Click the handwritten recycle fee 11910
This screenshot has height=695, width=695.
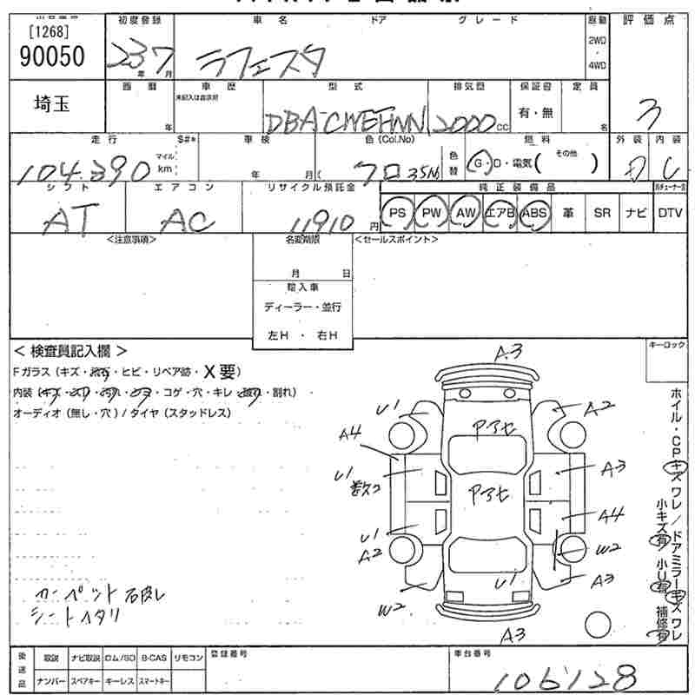326,220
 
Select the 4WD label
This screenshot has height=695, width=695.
597,65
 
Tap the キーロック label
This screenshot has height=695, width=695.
668,345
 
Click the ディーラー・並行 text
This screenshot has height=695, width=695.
302,308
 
